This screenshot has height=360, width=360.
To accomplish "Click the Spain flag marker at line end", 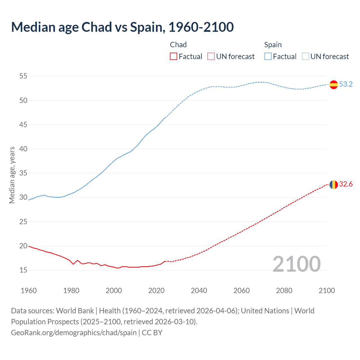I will point(334,84).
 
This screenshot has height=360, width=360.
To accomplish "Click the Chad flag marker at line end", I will point(334,184).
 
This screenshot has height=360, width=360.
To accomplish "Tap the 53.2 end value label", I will point(346,84).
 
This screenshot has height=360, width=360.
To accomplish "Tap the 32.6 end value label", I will point(346,184).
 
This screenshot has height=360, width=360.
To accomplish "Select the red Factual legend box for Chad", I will point(174,57).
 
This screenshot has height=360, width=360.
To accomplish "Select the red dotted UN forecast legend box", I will point(211,57).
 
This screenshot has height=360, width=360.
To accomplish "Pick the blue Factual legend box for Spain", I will point(268,57).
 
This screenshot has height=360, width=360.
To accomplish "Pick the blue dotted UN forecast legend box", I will point(305,57).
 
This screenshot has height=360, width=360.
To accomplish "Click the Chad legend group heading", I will point(178,45).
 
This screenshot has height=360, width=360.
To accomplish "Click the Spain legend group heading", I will point(273,45).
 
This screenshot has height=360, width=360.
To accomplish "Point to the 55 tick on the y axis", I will point(23,76).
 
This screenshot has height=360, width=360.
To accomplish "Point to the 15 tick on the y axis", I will point(23,270).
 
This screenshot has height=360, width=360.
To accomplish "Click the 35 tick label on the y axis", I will point(23,173).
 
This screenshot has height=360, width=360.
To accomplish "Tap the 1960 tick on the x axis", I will point(29,291).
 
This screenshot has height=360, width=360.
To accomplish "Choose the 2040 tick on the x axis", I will point(199,291).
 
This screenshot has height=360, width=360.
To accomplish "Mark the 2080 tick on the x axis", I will point(284,291).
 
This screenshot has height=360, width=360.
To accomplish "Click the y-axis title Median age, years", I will point(12,175).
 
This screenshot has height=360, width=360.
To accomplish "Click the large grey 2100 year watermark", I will point(296,264).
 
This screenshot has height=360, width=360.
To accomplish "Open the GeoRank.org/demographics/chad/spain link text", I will point(74,333).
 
